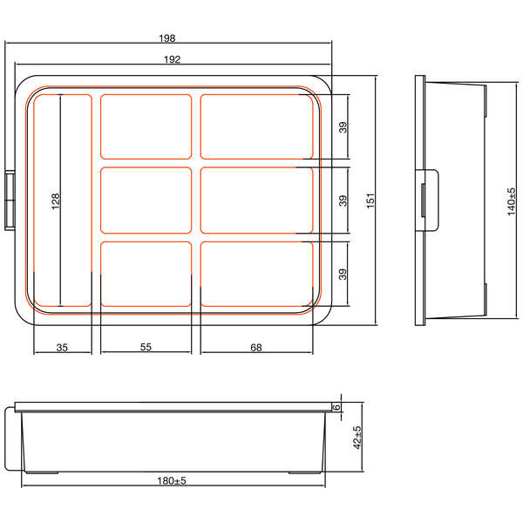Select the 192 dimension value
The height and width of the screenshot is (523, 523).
(172, 59)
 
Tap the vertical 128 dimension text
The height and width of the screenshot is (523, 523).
(56, 201)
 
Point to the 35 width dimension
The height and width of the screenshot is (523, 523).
(62, 347)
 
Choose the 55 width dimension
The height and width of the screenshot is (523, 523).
(146, 347)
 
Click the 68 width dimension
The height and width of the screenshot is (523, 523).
(256, 347)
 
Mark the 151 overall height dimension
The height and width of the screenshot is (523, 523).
(370, 200)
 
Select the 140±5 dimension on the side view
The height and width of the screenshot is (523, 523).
(512, 202)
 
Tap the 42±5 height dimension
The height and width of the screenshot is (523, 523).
(357, 437)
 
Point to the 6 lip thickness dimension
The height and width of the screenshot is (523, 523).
(335, 407)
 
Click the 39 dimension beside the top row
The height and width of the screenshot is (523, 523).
(343, 126)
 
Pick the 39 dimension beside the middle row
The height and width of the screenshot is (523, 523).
(343, 200)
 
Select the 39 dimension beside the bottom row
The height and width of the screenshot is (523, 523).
(343, 274)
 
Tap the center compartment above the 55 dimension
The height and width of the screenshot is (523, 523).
(146, 200)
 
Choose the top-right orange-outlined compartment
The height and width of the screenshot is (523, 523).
(256, 126)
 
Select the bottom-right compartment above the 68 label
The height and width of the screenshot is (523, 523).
(256, 274)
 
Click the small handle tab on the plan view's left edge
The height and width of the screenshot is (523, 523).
(11, 200)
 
